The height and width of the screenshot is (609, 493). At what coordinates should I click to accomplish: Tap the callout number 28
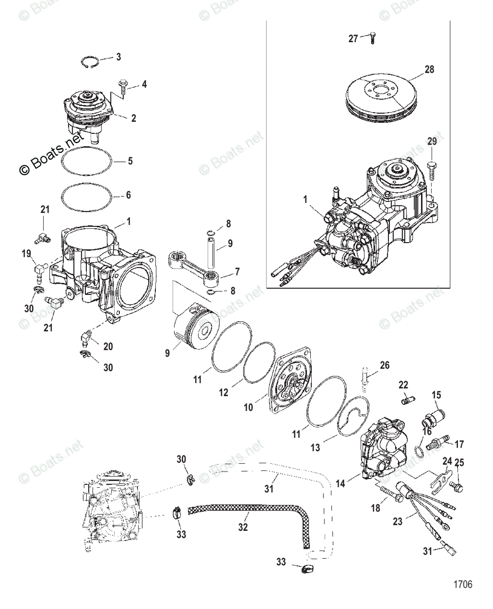click(x=430, y=70)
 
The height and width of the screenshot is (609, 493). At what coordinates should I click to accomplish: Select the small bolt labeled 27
click(x=372, y=37)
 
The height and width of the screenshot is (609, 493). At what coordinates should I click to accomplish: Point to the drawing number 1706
click(x=463, y=585)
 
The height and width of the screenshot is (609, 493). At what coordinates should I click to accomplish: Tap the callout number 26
click(x=384, y=364)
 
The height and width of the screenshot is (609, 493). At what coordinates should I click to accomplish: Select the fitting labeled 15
click(x=429, y=417)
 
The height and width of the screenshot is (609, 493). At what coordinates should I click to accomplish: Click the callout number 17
click(x=459, y=445)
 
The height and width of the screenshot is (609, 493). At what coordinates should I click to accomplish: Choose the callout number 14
click(x=340, y=484)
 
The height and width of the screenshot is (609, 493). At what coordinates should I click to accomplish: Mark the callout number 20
click(x=108, y=346)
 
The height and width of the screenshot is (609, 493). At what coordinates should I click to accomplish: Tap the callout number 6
click(x=128, y=195)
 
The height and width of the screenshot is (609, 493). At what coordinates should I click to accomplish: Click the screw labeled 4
click(x=123, y=90)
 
